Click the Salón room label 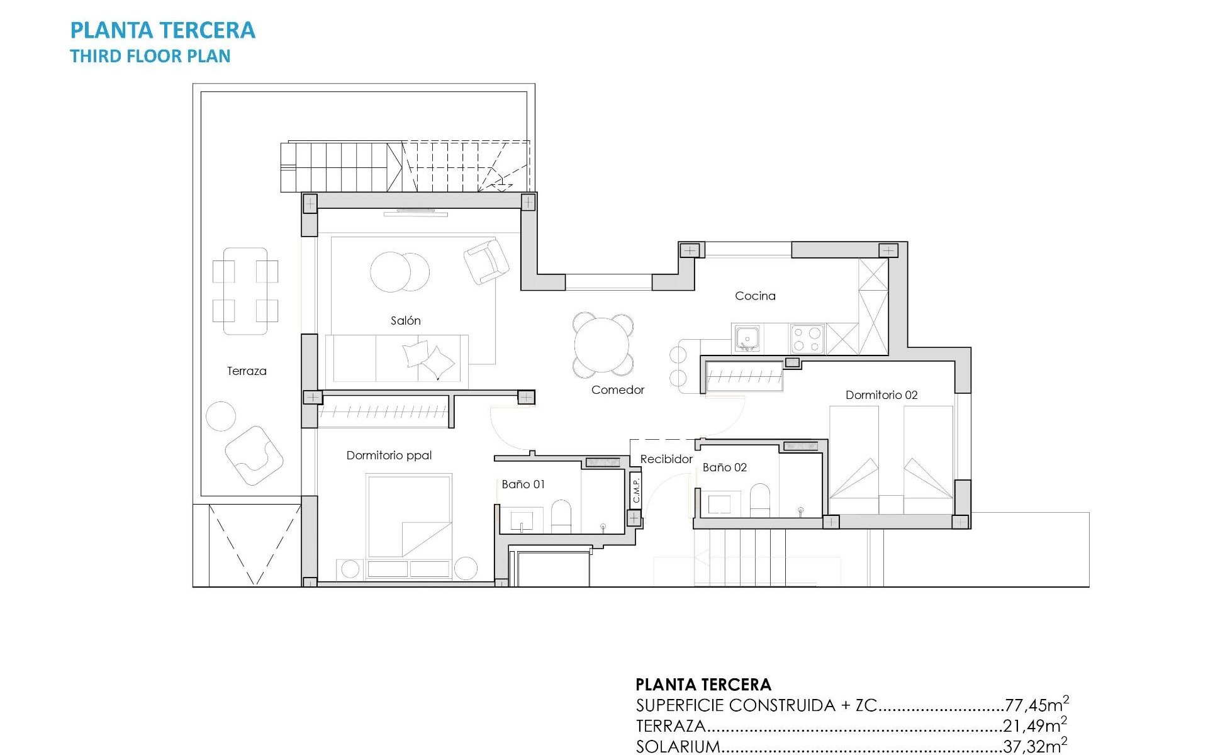(405, 321)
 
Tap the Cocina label (755, 296)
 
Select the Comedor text (617, 390)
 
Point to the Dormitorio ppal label (389, 456)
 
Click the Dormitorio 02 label (881, 395)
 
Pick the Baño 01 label (523, 484)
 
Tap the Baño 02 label (724, 467)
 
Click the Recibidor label (666, 459)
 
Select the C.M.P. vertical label (636, 490)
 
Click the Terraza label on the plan (247, 371)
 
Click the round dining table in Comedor (602, 345)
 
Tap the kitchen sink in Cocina (747, 338)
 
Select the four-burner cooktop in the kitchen (807, 338)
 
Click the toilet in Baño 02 (760, 500)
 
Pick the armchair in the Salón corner (486, 262)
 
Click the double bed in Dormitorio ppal (409, 516)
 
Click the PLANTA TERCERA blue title (162, 30)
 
